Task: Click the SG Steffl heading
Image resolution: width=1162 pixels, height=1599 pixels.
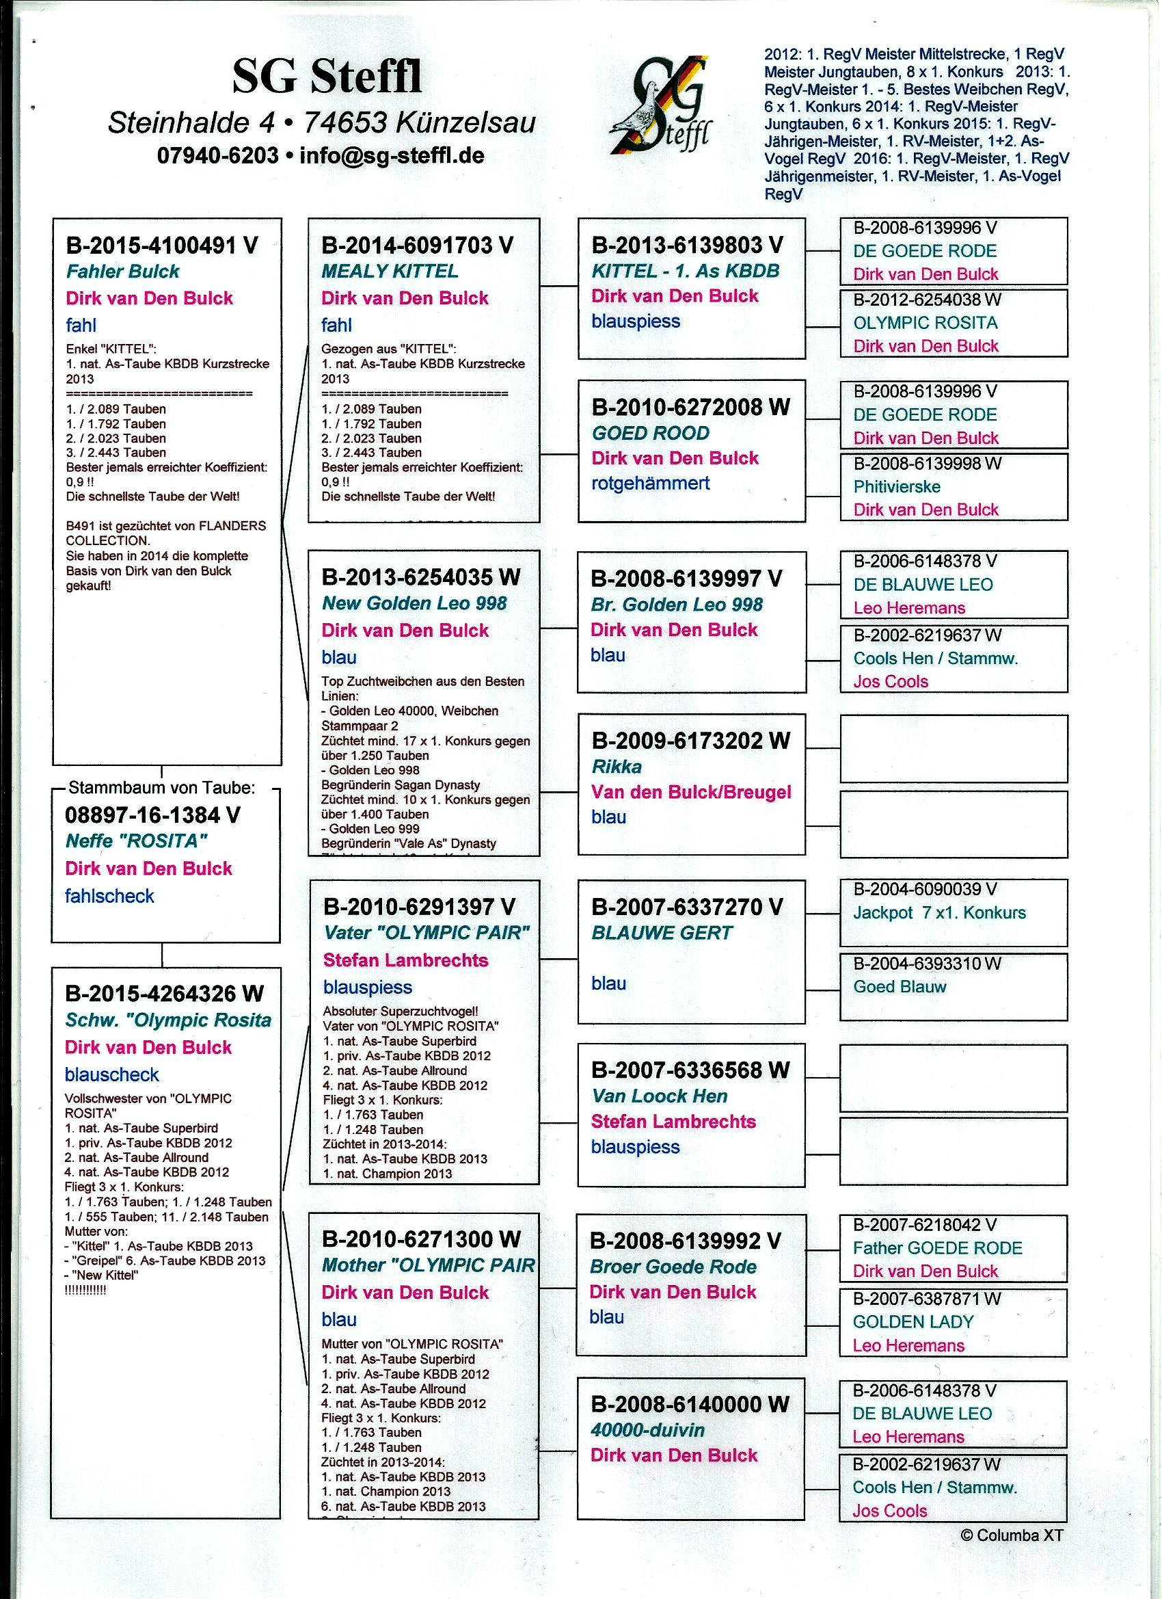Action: [327, 77]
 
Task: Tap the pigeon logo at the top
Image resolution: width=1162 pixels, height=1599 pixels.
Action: [661, 106]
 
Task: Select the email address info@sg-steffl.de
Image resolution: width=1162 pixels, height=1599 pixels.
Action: [392, 155]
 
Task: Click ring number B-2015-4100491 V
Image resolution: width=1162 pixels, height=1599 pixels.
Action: [162, 246]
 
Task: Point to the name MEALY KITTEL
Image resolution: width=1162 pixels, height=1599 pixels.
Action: [390, 271]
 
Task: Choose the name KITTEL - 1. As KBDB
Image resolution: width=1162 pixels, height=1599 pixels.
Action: [685, 271]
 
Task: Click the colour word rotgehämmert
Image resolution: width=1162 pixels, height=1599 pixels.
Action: [650, 483]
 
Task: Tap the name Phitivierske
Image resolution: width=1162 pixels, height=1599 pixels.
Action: [896, 486]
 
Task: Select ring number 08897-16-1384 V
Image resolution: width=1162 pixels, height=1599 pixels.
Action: [152, 815]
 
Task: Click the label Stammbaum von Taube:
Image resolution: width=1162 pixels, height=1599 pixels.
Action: [161, 787]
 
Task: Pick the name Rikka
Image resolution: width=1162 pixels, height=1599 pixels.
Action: [616, 767]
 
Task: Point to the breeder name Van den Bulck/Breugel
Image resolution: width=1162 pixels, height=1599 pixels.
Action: [690, 792]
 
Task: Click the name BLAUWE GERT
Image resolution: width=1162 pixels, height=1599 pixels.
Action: [662, 933]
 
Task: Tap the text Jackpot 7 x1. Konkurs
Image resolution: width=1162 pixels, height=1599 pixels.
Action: [938, 912]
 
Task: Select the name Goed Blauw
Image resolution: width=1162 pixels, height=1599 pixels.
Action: [899, 986]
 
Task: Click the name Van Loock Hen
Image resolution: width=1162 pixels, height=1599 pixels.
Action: [659, 1096]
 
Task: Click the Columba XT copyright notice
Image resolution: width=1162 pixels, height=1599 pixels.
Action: [1011, 1535]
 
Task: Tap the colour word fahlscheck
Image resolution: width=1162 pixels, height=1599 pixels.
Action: [109, 896]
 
